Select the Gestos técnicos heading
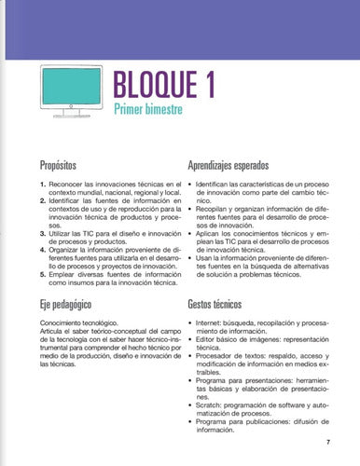(221, 303)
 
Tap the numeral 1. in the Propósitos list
(42, 186)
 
